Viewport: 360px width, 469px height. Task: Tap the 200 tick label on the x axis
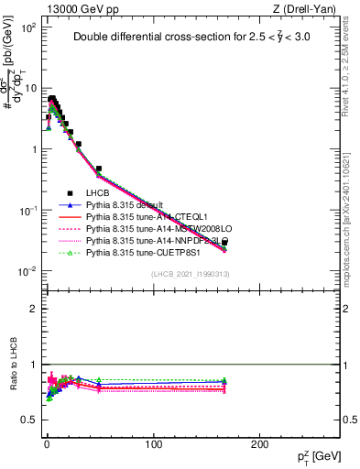260,444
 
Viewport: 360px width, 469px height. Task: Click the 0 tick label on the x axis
47,444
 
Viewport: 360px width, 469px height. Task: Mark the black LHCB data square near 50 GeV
99,169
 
